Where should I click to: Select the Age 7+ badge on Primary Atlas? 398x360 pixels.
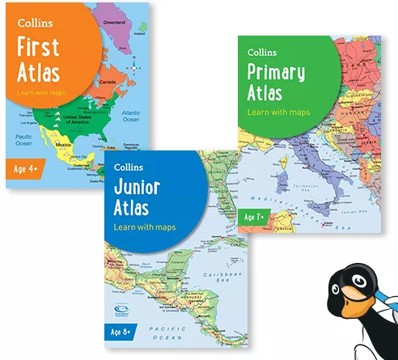pyautogui.click(x=256, y=217)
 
